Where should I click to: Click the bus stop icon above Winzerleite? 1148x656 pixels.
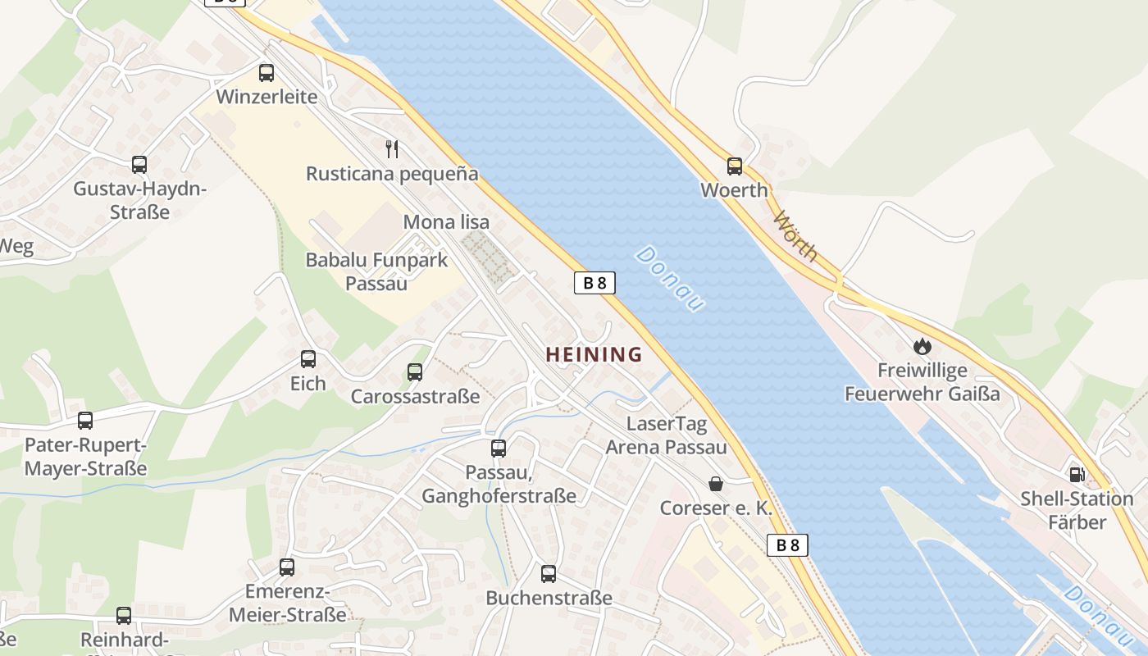pyautogui.click(x=266, y=73)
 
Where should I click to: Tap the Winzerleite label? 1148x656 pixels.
pyautogui.click(x=266, y=97)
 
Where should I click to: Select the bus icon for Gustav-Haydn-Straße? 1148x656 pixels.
pyautogui.click(x=139, y=165)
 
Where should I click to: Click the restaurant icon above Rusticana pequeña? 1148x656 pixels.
pyautogui.click(x=392, y=149)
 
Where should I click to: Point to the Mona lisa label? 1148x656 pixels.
pyautogui.click(x=446, y=222)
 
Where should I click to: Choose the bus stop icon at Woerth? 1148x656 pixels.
pyautogui.click(x=734, y=166)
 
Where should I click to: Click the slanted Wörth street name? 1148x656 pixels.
pyautogui.click(x=795, y=236)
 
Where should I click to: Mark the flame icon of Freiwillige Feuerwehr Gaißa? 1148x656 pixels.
pyautogui.click(x=922, y=347)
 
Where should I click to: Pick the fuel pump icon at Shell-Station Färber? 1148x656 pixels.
pyautogui.click(x=1077, y=474)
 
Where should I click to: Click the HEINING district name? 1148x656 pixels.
pyautogui.click(x=594, y=355)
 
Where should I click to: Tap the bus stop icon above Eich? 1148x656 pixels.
pyautogui.click(x=308, y=359)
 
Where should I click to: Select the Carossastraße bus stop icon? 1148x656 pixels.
pyautogui.click(x=415, y=372)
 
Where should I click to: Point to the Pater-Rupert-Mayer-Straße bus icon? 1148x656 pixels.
pyautogui.click(x=85, y=421)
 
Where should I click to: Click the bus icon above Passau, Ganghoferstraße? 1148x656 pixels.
pyautogui.click(x=499, y=449)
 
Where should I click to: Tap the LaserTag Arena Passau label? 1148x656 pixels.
pyautogui.click(x=666, y=435)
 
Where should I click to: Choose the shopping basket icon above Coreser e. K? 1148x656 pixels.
pyautogui.click(x=716, y=484)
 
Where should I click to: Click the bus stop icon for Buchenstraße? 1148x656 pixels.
pyautogui.click(x=549, y=574)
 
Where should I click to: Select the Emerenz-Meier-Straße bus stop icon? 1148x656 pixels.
pyautogui.click(x=287, y=567)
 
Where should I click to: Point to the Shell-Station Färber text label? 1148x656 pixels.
pyautogui.click(x=1077, y=510)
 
